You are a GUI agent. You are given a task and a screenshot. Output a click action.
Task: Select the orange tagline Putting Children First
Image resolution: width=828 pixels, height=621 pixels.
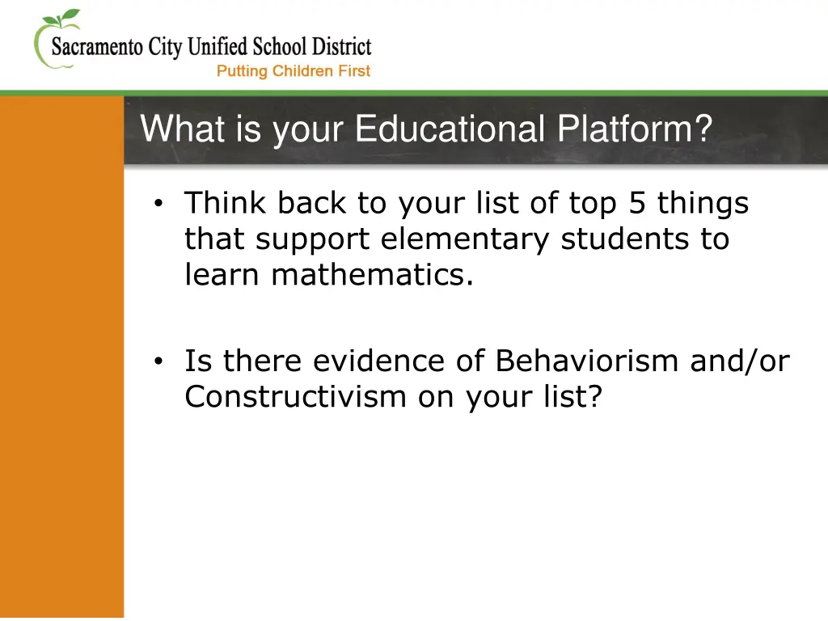click(x=293, y=71)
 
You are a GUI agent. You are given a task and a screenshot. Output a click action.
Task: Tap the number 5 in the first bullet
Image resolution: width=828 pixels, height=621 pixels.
click(x=638, y=204)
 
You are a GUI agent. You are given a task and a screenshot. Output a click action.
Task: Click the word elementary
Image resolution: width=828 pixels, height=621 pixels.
click(x=466, y=239)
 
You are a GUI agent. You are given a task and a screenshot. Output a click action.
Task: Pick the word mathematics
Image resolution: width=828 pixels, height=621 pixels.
click(x=373, y=276)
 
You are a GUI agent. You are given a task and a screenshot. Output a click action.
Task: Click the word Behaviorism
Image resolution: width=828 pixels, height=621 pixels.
click(x=589, y=361)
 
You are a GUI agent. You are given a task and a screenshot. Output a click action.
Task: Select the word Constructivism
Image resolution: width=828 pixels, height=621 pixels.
click(x=295, y=396)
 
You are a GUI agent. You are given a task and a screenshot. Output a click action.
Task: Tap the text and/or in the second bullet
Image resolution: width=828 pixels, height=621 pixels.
click(x=739, y=361)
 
